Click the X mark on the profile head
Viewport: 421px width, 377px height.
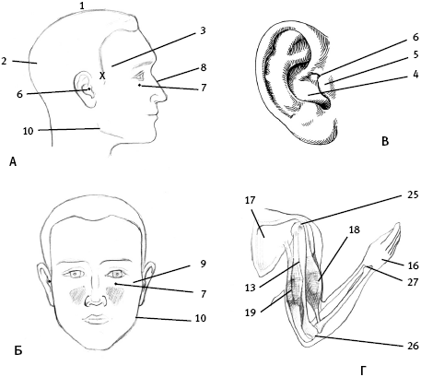coord(102,76)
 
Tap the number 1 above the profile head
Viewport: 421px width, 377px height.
coord(82,6)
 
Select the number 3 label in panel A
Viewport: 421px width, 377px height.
coord(203,30)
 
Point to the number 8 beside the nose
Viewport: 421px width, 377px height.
coord(204,67)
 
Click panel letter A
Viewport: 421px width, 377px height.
coord(13,161)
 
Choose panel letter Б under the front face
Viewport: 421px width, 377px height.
coord(18,350)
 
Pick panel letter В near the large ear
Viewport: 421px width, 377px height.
coord(385,141)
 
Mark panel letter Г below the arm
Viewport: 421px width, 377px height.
coord(363,371)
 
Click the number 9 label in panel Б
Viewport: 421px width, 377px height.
coord(203,264)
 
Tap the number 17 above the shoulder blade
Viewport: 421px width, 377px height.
coord(251,200)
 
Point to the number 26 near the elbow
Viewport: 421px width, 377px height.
coord(414,346)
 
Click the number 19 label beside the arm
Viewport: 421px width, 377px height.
coord(251,312)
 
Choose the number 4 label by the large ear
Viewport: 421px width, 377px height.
coord(415,75)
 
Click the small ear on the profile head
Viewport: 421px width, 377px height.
coord(84,89)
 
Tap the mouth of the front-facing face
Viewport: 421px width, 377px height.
coord(95,319)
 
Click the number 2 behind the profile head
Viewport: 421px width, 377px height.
coord(4,61)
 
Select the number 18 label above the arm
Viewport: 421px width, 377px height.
coord(355,230)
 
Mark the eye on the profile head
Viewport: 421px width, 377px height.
coord(139,75)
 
